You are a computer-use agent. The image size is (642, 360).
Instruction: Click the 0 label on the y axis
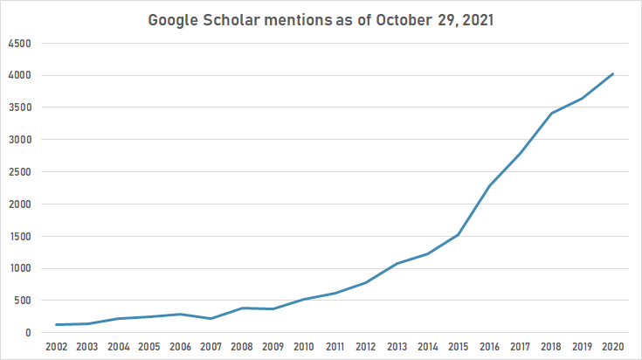29,333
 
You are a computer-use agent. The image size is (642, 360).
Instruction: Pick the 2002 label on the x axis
58,347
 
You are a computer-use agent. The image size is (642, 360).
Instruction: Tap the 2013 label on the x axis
397,347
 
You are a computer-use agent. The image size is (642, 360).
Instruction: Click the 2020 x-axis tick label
613,347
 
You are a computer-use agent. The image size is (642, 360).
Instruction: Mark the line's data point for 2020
613,74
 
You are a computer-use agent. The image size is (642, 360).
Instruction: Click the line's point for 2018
551,113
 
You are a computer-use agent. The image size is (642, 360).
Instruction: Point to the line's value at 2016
490,186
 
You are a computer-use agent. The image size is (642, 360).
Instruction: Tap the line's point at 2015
459,235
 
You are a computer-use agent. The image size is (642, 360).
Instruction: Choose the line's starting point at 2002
58,325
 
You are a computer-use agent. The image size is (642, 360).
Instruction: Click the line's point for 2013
397,264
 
